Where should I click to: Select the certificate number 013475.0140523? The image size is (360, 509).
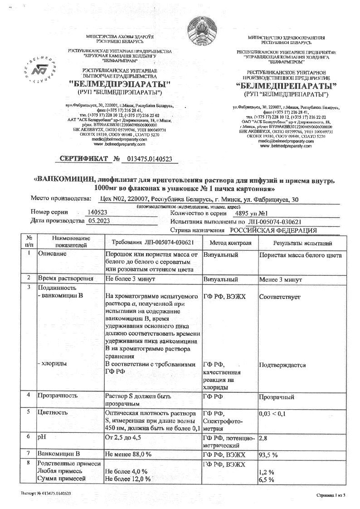tap(147, 159)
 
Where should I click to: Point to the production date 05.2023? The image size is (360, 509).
tap(99, 220)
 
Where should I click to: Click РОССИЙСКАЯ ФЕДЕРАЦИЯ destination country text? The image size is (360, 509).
tap(272, 230)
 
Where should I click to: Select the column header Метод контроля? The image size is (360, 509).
tap(230, 243)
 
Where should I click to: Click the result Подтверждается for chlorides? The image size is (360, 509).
tap(282, 364)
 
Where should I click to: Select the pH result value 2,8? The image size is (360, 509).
tap(263, 438)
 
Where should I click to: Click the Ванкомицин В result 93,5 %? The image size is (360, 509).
tap(268, 454)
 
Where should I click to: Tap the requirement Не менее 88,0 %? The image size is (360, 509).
tap(128, 454)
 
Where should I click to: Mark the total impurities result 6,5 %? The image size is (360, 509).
tap(267, 479)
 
